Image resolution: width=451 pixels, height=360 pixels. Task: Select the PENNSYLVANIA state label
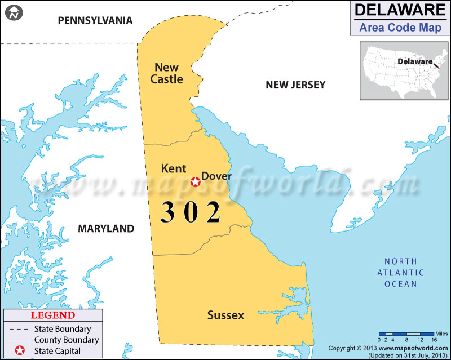[95, 21]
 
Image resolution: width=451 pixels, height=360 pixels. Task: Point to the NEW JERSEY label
[295, 85]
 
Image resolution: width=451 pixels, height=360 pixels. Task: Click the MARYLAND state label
[106, 229]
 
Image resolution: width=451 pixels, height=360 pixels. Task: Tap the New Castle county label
[167, 73]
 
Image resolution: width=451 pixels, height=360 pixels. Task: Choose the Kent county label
[173, 168]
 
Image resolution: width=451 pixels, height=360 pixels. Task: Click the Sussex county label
[225, 315]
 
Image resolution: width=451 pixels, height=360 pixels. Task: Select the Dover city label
[216, 176]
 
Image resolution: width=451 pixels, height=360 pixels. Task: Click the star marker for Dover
[195, 181]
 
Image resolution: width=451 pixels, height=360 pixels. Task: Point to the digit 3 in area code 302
[168, 212]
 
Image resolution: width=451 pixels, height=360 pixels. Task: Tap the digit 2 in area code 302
[213, 212]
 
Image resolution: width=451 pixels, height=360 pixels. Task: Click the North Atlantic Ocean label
[400, 273]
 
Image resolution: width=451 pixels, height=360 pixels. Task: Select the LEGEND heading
[52, 315]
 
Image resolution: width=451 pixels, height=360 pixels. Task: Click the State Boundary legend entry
[62, 329]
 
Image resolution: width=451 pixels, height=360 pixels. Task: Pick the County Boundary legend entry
[66, 340]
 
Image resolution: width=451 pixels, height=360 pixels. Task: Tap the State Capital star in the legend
[19, 351]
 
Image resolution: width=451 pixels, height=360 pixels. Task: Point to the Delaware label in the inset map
[414, 61]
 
